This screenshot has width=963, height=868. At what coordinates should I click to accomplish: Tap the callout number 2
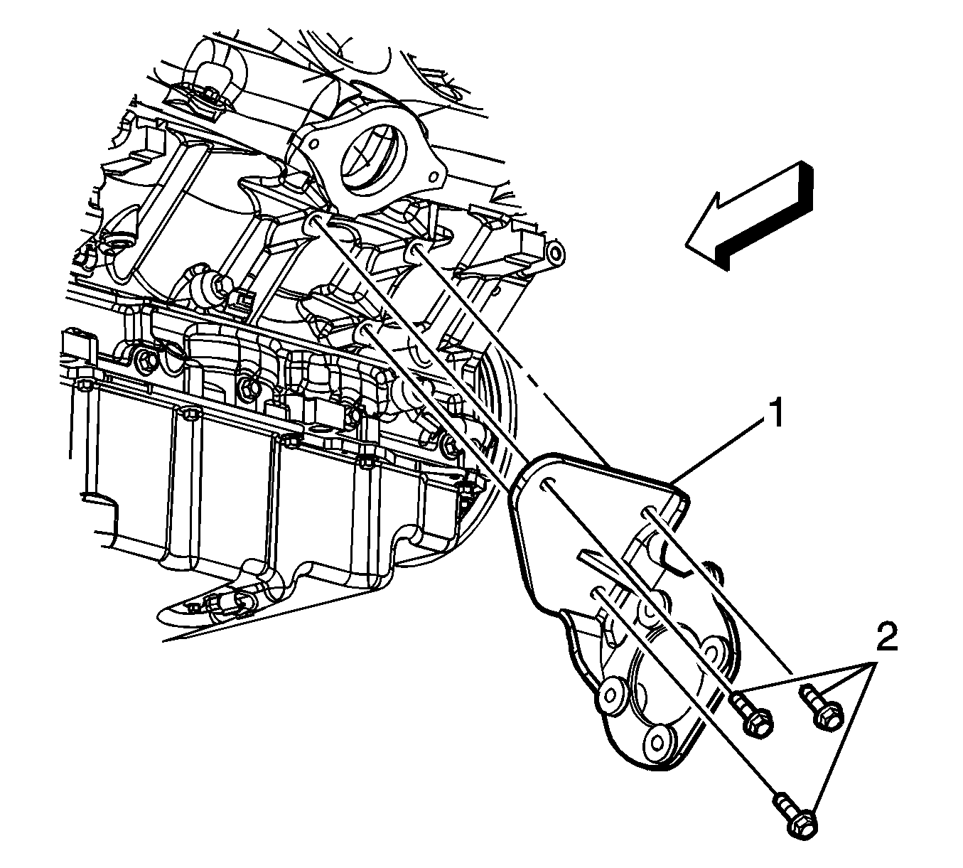pos(887,636)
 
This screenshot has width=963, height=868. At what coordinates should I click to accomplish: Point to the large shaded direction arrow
pos(749,217)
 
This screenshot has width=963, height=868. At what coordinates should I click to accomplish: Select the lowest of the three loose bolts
pos(795,817)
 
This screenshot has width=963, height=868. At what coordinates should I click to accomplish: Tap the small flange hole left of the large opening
pos(314,143)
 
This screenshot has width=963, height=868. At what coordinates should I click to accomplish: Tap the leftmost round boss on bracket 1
pos(612,694)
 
